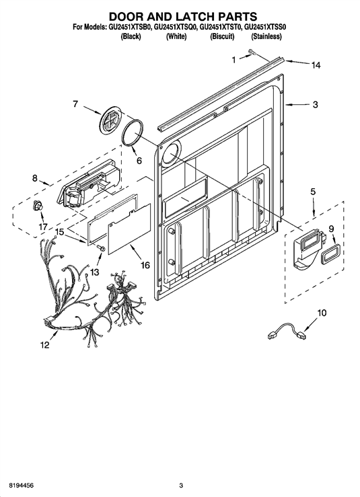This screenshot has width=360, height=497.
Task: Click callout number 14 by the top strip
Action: (x=316, y=65)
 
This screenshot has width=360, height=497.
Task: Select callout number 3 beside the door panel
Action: (x=315, y=105)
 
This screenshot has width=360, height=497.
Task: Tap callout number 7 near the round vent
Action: (x=75, y=104)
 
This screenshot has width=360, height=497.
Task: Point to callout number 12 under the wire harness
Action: (x=45, y=345)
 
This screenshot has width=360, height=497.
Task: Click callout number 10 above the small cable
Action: (x=322, y=313)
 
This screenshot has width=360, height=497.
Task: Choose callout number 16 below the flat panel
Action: (x=145, y=265)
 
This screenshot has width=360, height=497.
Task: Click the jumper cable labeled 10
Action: (x=287, y=332)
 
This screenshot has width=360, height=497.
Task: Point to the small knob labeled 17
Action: (x=38, y=206)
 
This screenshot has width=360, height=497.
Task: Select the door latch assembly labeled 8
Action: (x=89, y=183)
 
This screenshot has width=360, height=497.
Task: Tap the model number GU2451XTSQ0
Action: (x=176, y=28)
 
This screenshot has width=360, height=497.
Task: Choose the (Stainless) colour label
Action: (x=266, y=37)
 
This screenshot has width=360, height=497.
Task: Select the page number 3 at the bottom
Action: (x=181, y=486)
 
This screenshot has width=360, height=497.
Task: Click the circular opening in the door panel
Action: (x=172, y=152)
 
